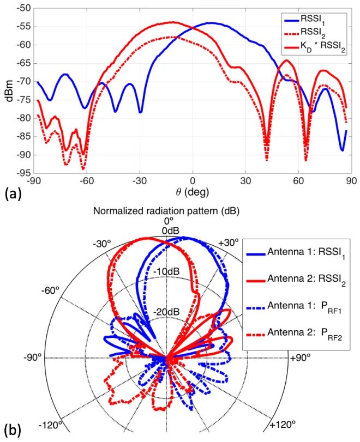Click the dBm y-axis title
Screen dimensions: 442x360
(7, 93)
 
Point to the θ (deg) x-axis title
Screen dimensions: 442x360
(193, 192)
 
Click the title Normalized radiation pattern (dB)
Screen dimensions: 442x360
(167, 210)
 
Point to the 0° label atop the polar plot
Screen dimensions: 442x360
(168, 221)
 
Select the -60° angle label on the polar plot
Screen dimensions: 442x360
(51, 290)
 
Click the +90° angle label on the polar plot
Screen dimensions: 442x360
(301, 358)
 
